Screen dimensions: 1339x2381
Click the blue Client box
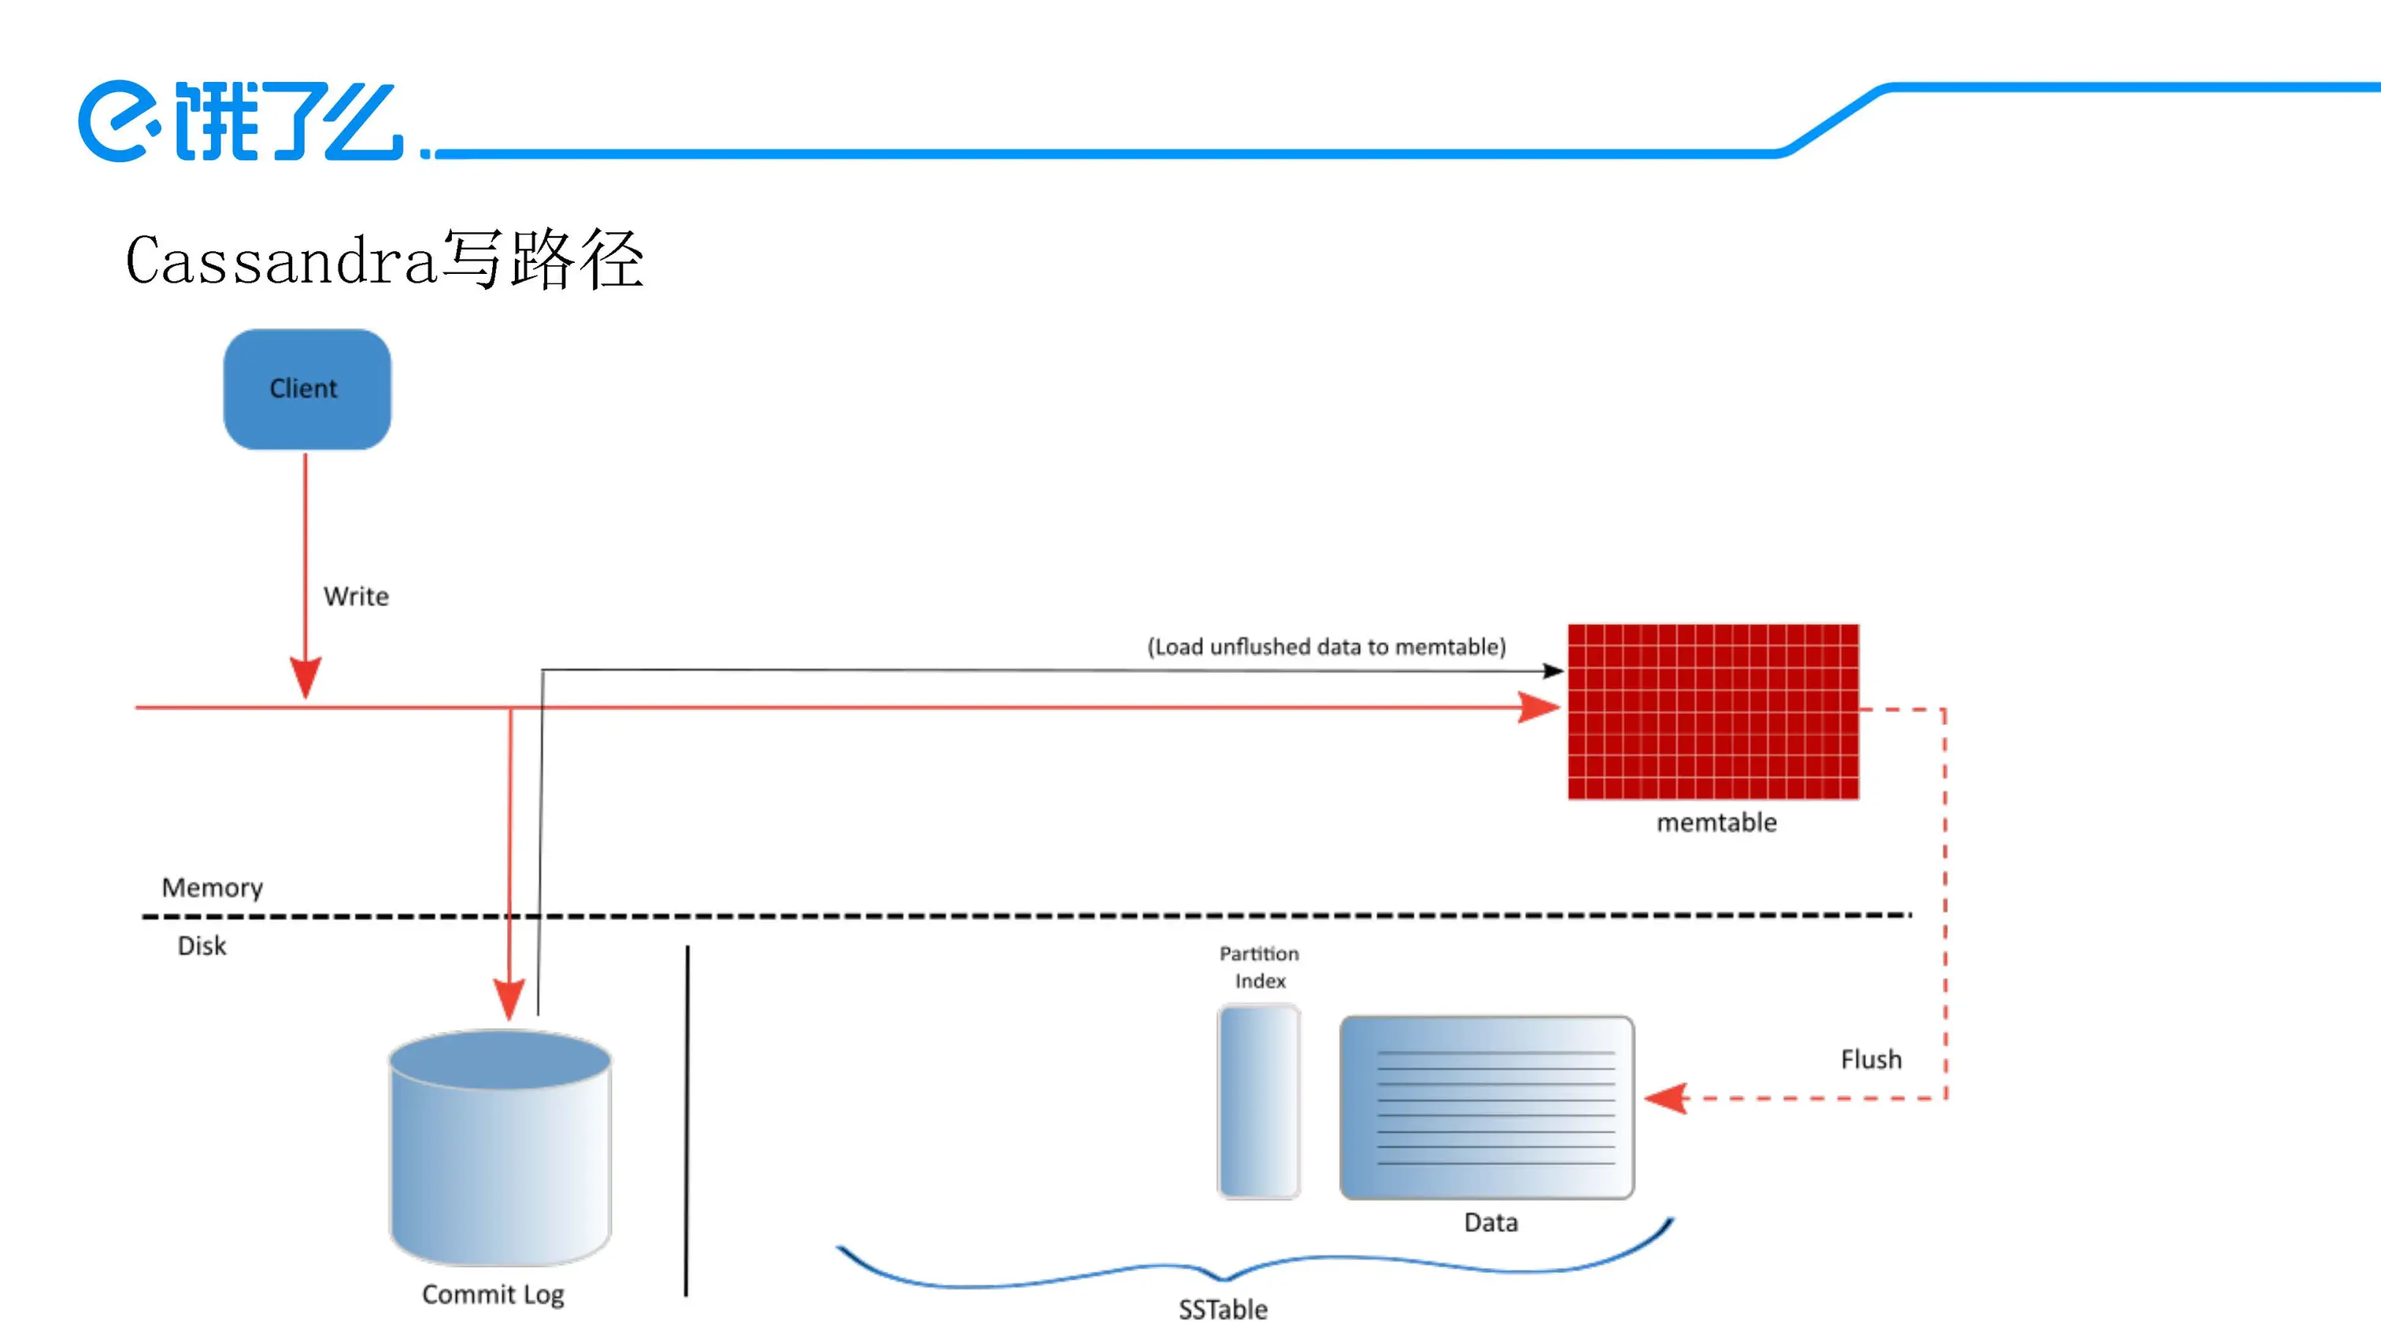306,389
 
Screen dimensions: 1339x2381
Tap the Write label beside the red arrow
356,596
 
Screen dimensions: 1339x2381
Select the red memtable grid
1713,711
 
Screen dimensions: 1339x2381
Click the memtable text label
1716,823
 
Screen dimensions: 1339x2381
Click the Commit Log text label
493,1295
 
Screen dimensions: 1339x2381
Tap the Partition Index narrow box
1258,1101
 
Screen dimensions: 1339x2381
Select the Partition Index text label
1259,967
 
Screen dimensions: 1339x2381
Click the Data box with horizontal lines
1487,1107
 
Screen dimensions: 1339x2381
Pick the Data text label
1490,1222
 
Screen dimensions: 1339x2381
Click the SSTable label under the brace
1222,1309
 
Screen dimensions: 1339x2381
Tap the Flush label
1871,1059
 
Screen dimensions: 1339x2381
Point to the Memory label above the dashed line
212,888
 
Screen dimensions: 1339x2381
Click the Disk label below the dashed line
202,946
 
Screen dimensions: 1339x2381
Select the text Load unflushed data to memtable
1327,647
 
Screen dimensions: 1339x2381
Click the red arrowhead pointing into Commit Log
509,1000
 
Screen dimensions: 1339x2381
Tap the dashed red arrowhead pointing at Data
1665,1099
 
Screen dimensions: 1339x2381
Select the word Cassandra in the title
280,261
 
